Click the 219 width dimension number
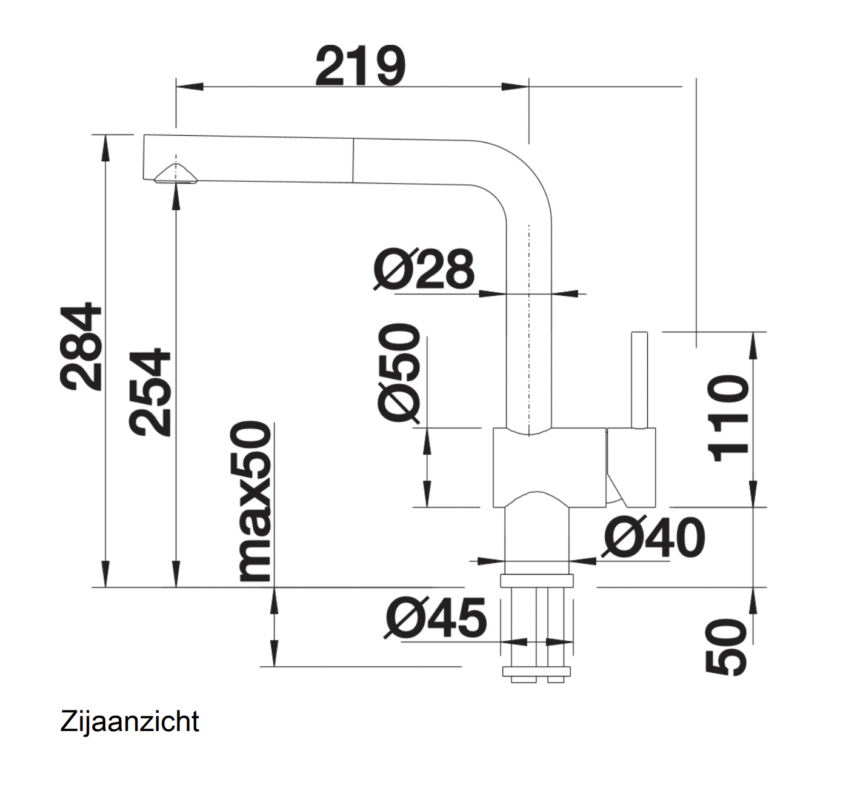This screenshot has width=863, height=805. tap(360, 66)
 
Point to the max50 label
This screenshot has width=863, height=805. tap(252, 501)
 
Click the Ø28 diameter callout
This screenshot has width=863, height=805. tap(424, 269)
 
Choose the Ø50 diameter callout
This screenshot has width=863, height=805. tap(399, 372)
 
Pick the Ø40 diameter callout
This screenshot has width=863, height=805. tap(655, 538)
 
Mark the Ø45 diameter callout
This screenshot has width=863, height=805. tap(436, 618)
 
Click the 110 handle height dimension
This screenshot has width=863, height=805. tap(728, 418)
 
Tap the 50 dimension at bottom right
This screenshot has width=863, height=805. tap(726, 647)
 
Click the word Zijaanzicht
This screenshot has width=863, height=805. tap(130, 721)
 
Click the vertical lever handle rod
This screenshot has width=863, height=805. tap(639, 379)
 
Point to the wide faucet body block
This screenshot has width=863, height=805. tap(549, 467)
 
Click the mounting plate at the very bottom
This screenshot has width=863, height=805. tap(536, 672)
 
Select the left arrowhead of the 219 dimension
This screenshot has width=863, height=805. tap(188, 87)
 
